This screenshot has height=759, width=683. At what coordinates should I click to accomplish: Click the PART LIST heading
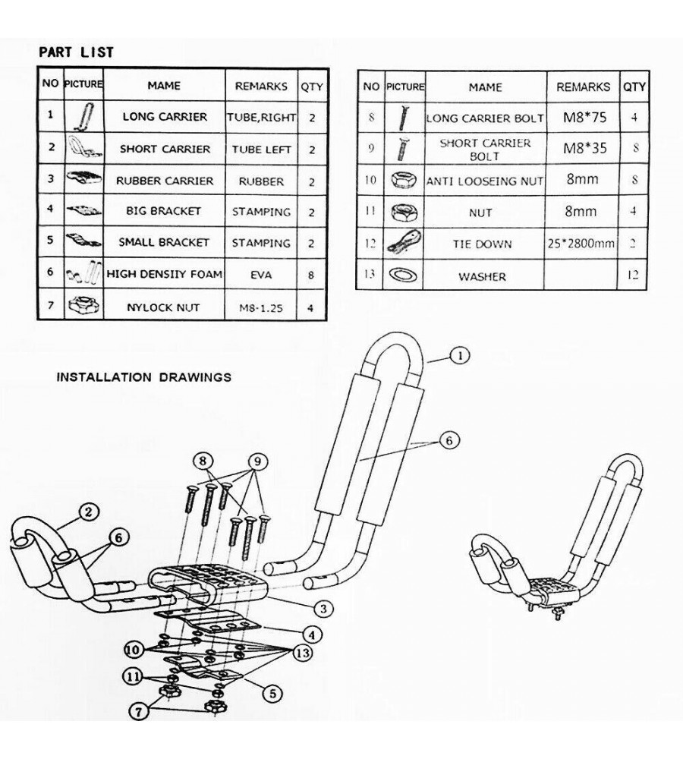coord(76,52)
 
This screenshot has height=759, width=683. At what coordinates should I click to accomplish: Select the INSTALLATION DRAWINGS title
coord(143,376)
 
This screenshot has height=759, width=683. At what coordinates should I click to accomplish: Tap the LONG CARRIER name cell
coord(165,117)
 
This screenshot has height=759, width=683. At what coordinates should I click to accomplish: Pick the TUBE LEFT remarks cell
coord(261,150)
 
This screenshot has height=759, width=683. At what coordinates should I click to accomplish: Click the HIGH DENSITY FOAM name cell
coord(165,274)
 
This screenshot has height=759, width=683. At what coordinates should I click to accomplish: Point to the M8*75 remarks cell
coord(583,118)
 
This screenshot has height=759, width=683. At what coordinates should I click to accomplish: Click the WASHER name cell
coord(482,276)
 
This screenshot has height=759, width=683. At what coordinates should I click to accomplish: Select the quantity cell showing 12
coord(633,276)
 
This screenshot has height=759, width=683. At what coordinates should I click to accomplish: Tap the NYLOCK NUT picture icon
coord(84,306)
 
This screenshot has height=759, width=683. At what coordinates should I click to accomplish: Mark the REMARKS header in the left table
coord(261,86)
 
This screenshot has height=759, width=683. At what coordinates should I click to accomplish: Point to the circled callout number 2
coord(89,513)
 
